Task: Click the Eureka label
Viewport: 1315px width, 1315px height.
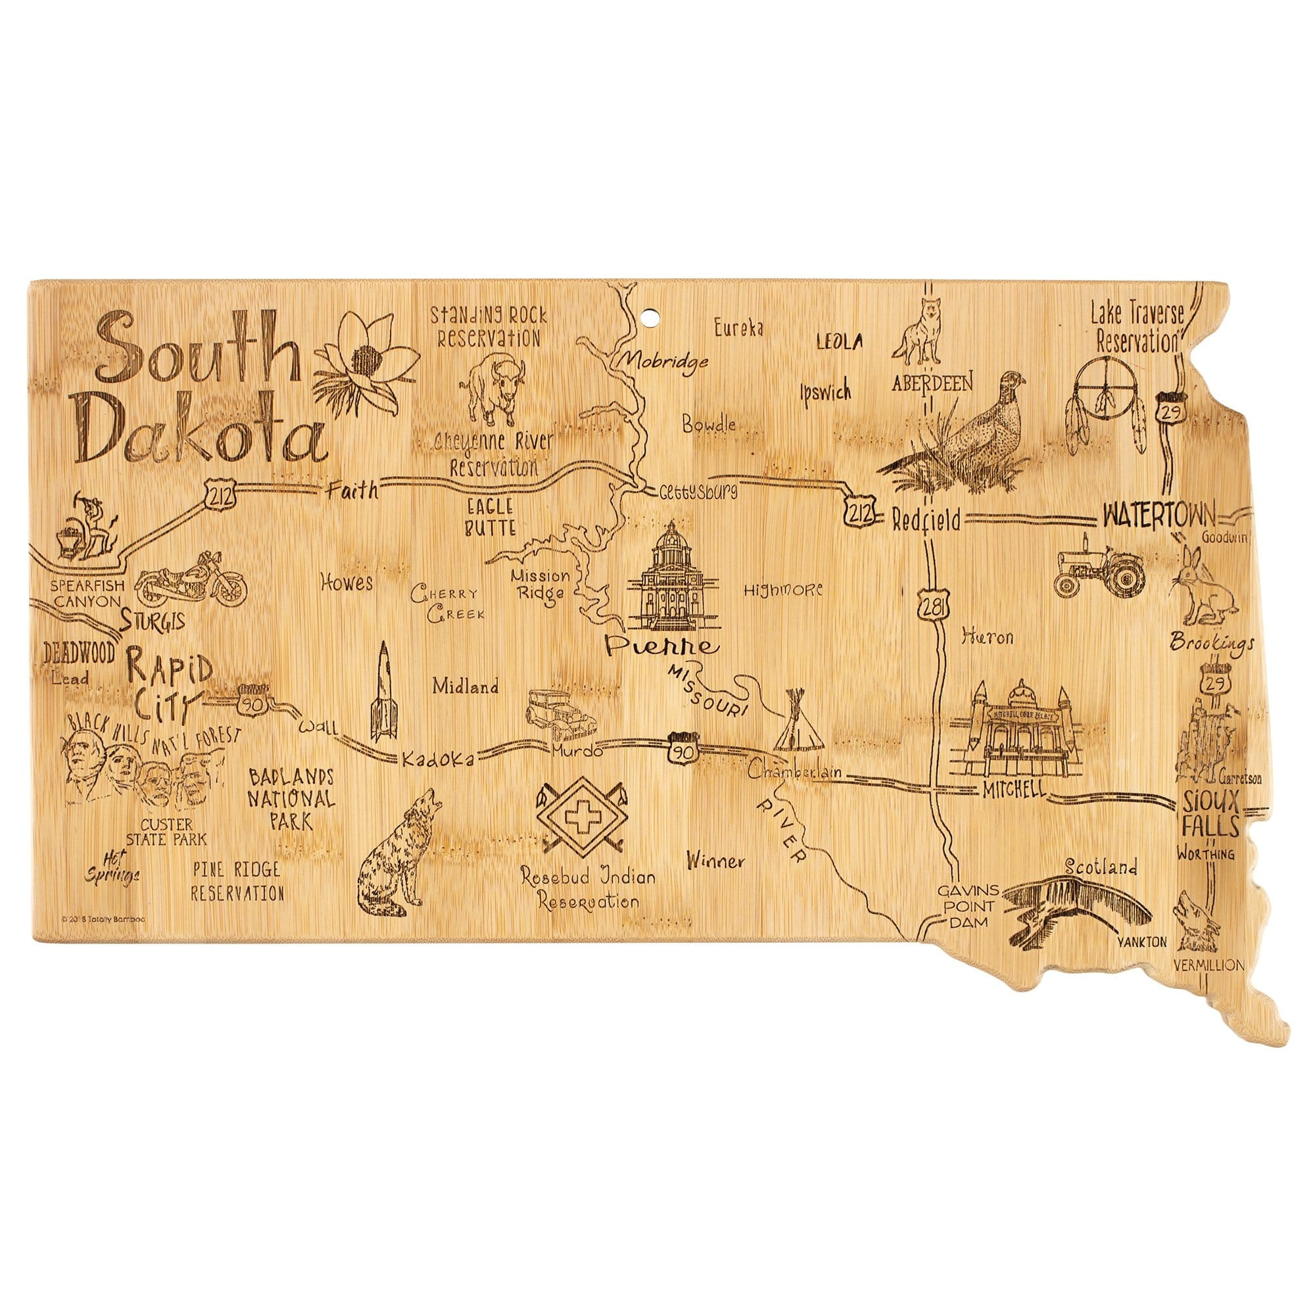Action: pos(738,329)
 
